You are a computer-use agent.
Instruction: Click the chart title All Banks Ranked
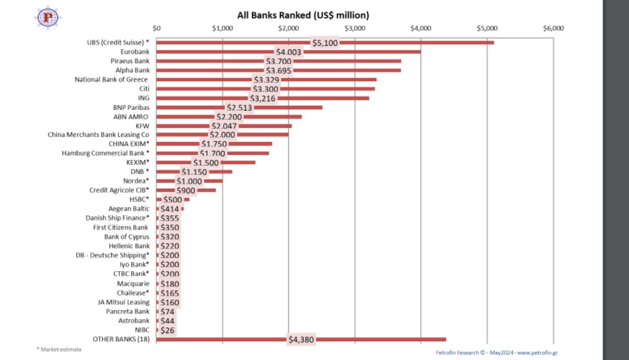click(303, 15)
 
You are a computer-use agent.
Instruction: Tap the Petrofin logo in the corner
click(48, 18)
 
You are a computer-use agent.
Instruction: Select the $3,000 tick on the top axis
click(355, 28)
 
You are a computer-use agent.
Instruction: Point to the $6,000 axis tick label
click(553, 28)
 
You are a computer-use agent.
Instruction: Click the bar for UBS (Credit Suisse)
click(412, 43)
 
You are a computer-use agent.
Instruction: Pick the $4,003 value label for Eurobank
click(289, 52)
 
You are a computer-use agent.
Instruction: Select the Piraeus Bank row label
click(130, 61)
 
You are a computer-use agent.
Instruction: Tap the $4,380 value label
click(301, 340)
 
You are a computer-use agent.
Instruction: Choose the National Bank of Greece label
click(111, 80)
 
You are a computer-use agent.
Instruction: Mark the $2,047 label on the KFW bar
click(224, 126)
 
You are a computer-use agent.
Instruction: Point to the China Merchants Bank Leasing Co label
click(98, 135)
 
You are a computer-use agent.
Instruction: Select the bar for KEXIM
click(238, 163)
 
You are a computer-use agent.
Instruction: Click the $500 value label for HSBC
click(172, 200)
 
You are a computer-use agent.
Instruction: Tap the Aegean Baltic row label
click(129, 209)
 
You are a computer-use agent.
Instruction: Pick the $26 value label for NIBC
click(167, 330)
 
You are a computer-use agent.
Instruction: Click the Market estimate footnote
click(59, 349)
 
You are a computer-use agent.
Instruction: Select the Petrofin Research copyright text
click(496, 353)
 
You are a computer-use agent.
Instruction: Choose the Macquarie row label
click(133, 284)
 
